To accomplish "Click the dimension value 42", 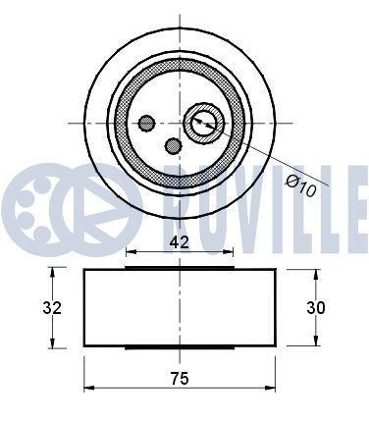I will (179, 239).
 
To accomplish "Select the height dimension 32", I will (54, 308).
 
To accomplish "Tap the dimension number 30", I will (315, 308).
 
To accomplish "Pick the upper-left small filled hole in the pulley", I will (147, 124).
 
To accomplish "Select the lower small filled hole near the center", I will (174, 146).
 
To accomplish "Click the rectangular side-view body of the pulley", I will (179, 308).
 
